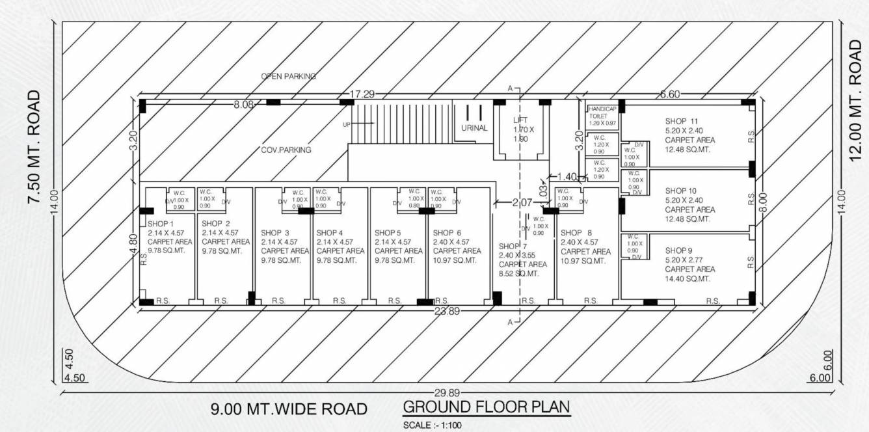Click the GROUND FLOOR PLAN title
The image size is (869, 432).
(487, 407)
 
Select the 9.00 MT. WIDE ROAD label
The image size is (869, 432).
(289, 410)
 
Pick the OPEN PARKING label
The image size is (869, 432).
(288, 76)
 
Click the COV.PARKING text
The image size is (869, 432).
(286, 150)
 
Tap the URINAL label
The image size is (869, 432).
(474, 128)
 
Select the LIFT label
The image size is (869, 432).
(520, 120)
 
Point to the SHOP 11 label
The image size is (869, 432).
(681, 121)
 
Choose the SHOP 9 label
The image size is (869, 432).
(679, 250)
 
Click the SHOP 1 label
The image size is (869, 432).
(161, 223)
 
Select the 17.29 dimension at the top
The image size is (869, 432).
(362, 94)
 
